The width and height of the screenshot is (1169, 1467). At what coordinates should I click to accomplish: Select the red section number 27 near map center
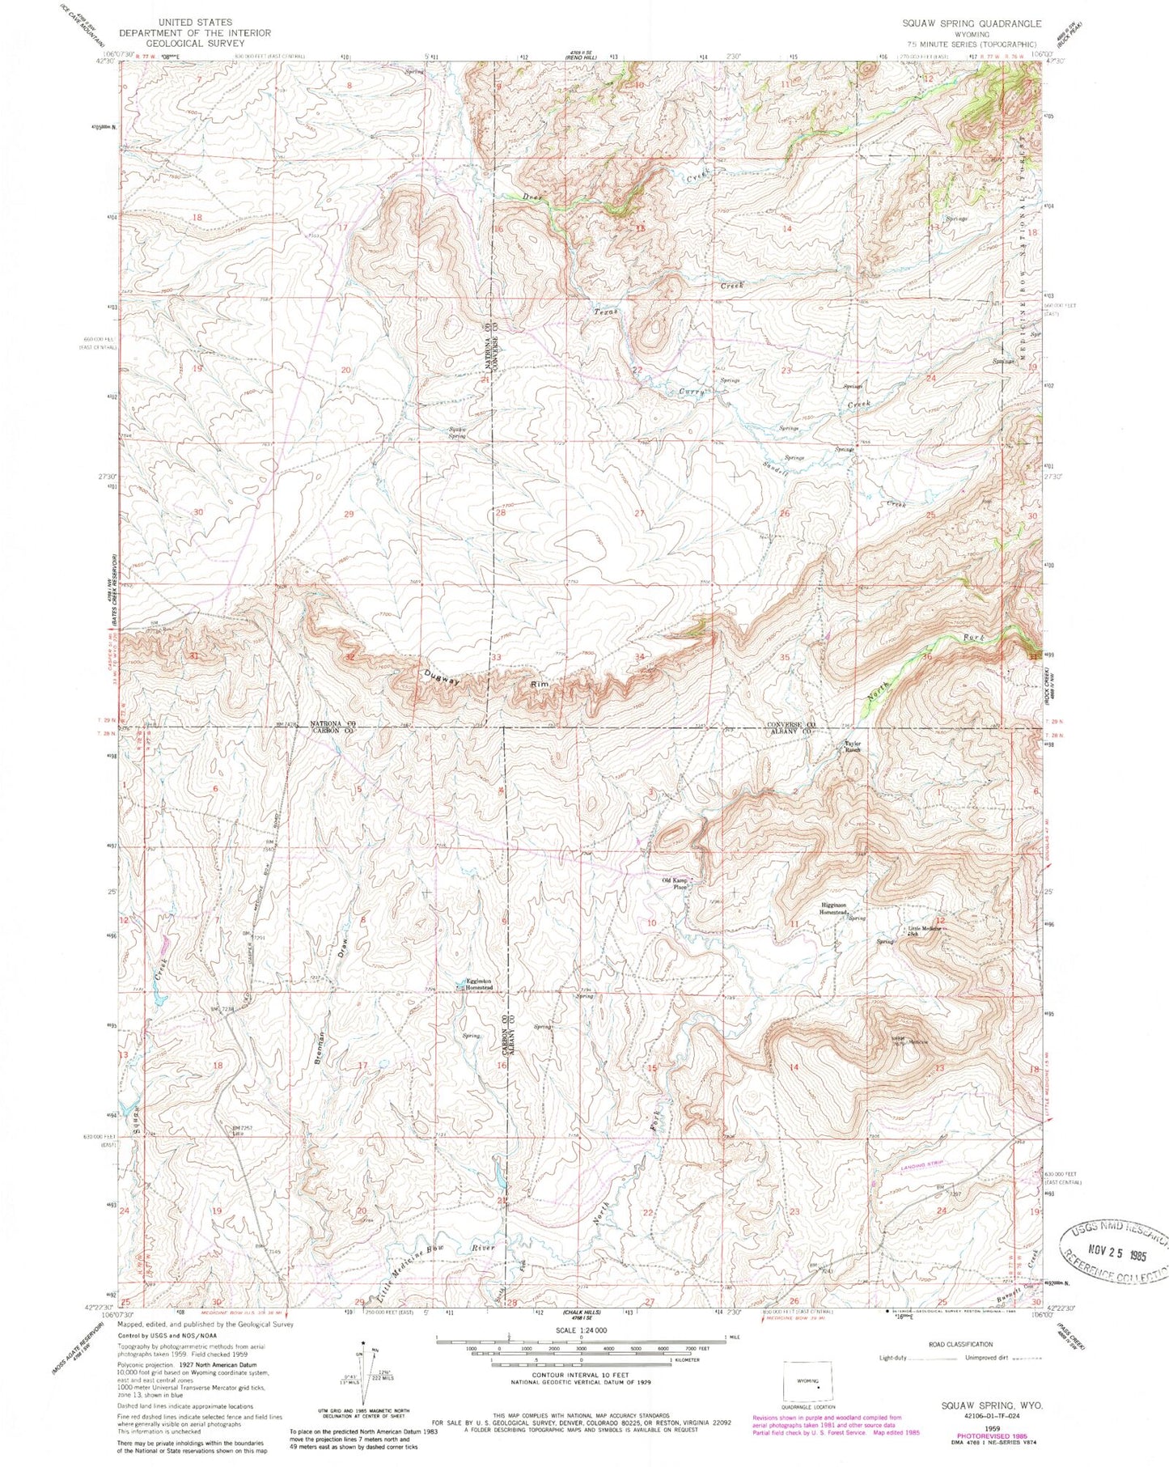pos(640,513)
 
